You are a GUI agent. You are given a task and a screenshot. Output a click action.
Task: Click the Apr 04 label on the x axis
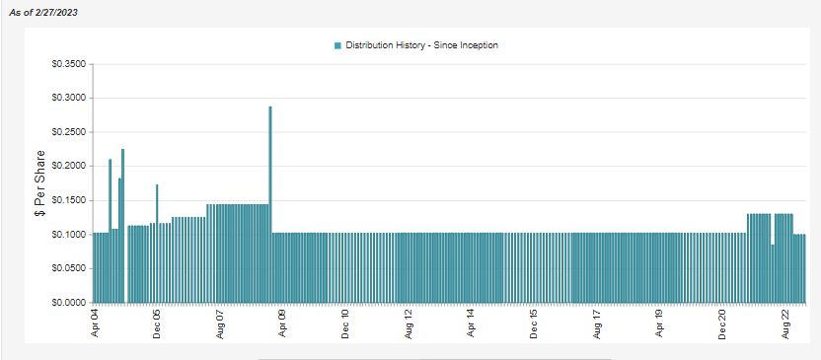click(95, 324)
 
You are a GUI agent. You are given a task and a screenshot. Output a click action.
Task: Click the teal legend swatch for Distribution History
click(338, 45)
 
